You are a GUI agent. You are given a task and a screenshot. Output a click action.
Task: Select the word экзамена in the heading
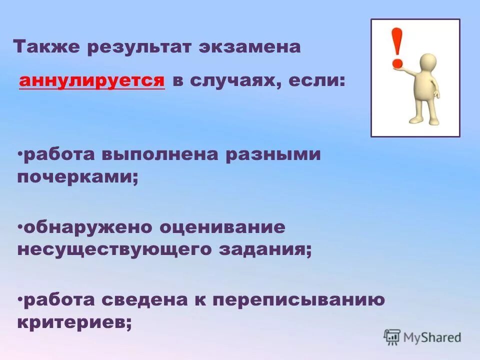(250, 47)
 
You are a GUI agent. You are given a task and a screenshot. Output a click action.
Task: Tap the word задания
(265, 250)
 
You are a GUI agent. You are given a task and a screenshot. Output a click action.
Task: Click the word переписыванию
(298, 301)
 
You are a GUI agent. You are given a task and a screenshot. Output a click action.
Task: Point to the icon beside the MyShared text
(392, 337)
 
